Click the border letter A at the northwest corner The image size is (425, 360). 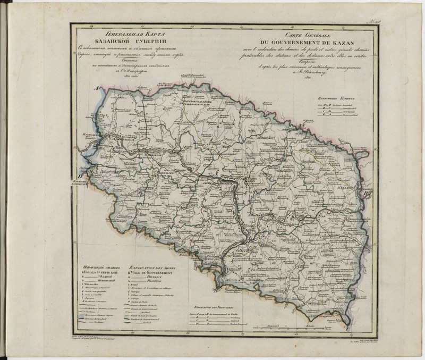[97, 88]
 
